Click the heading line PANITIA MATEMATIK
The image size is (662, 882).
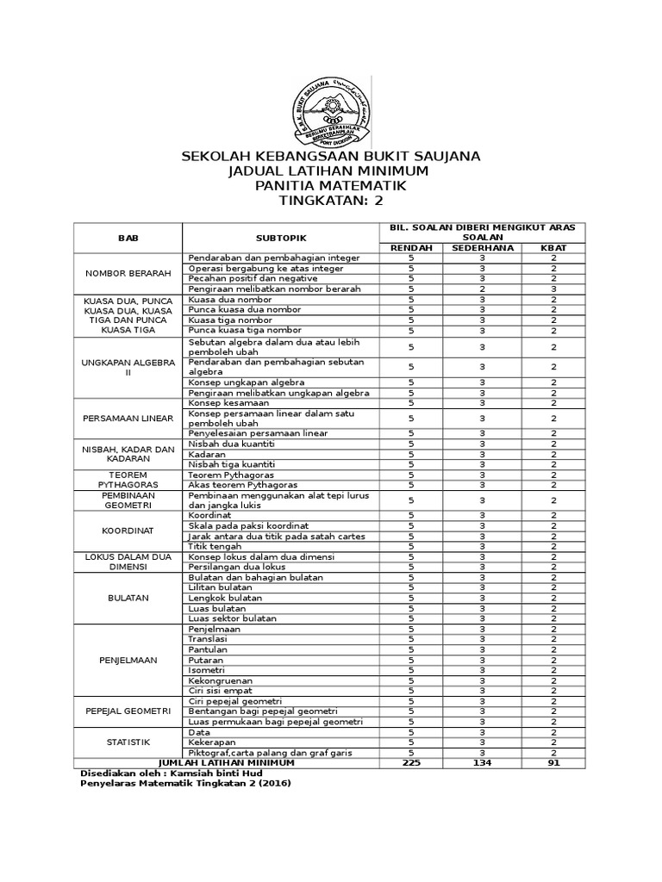click(330, 185)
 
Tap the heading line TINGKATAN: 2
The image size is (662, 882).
click(330, 201)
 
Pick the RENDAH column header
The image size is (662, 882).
click(411, 247)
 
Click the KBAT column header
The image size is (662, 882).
click(554, 247)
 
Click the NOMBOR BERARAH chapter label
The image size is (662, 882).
click(128, 273)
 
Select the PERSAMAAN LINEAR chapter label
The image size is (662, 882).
click(128, 418)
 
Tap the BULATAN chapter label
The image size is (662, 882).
click(128, 597)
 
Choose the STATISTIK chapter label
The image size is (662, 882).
click(128, 742)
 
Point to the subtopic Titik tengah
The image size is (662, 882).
click(215, 546)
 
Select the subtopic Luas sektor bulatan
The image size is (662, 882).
click(232, 618)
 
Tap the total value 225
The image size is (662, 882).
click(411, 762)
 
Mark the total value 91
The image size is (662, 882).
click(554, 762)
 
